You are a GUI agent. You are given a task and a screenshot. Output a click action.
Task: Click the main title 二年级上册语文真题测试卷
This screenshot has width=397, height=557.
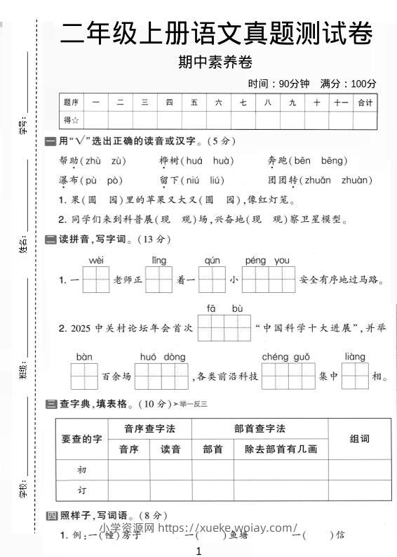click(x=216, y=33)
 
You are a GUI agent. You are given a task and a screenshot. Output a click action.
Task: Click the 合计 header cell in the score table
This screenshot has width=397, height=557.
click(x=365, y=103)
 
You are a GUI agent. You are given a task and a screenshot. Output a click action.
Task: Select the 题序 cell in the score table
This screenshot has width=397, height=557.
click(x=71, y=103)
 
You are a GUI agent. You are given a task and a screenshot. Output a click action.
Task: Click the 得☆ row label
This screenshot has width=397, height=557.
click(x=71, y=120)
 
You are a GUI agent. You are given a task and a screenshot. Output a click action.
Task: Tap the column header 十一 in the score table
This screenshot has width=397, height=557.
click(x=341, y=103)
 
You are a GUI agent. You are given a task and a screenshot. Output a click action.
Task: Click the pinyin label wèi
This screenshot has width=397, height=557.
click(x=96, y=261)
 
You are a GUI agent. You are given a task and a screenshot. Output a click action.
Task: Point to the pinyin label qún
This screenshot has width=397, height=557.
click(x=211, y=261)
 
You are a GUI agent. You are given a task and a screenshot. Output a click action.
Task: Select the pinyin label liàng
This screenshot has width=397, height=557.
click(x=355, y=357)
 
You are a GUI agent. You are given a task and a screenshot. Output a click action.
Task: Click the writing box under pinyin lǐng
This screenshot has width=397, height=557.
click(x=159, y=280)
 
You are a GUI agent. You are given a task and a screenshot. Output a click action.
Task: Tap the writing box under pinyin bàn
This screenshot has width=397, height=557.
click(x=85, y=376)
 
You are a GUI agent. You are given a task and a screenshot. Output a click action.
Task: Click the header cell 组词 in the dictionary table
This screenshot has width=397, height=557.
click(x=359, y=439)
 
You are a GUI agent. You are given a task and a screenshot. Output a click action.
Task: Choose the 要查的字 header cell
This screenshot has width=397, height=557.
click(x=81, y=439)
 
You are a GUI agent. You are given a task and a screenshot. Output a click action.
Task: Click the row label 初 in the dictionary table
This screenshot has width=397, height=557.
click(x=81, y=469)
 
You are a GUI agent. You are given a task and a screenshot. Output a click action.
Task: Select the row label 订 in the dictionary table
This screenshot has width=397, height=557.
click(x=81, y=490)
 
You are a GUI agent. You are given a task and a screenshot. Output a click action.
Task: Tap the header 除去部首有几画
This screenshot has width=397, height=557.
click(x=281, y=450)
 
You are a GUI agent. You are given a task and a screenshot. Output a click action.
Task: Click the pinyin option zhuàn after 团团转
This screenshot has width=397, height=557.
click(x=356, y=181)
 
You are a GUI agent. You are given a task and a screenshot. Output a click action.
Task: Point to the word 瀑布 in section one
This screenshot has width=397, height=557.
click(x=69, y=181)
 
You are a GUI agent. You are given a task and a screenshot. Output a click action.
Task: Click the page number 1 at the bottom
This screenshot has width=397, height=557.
click(x=199, y=551)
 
